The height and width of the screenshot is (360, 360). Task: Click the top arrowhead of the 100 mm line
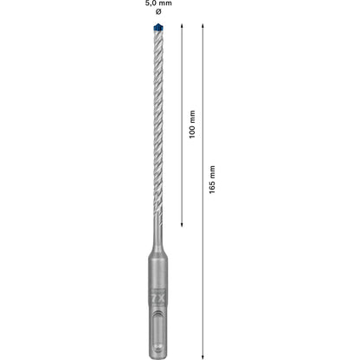pyautogui.click(x=183, y=26)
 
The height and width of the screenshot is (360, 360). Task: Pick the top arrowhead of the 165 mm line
pyautogui.click(x=203, y=26)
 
